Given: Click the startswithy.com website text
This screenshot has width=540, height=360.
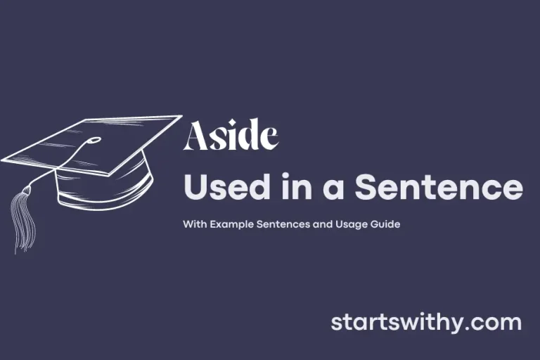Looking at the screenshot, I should [426, 323].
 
